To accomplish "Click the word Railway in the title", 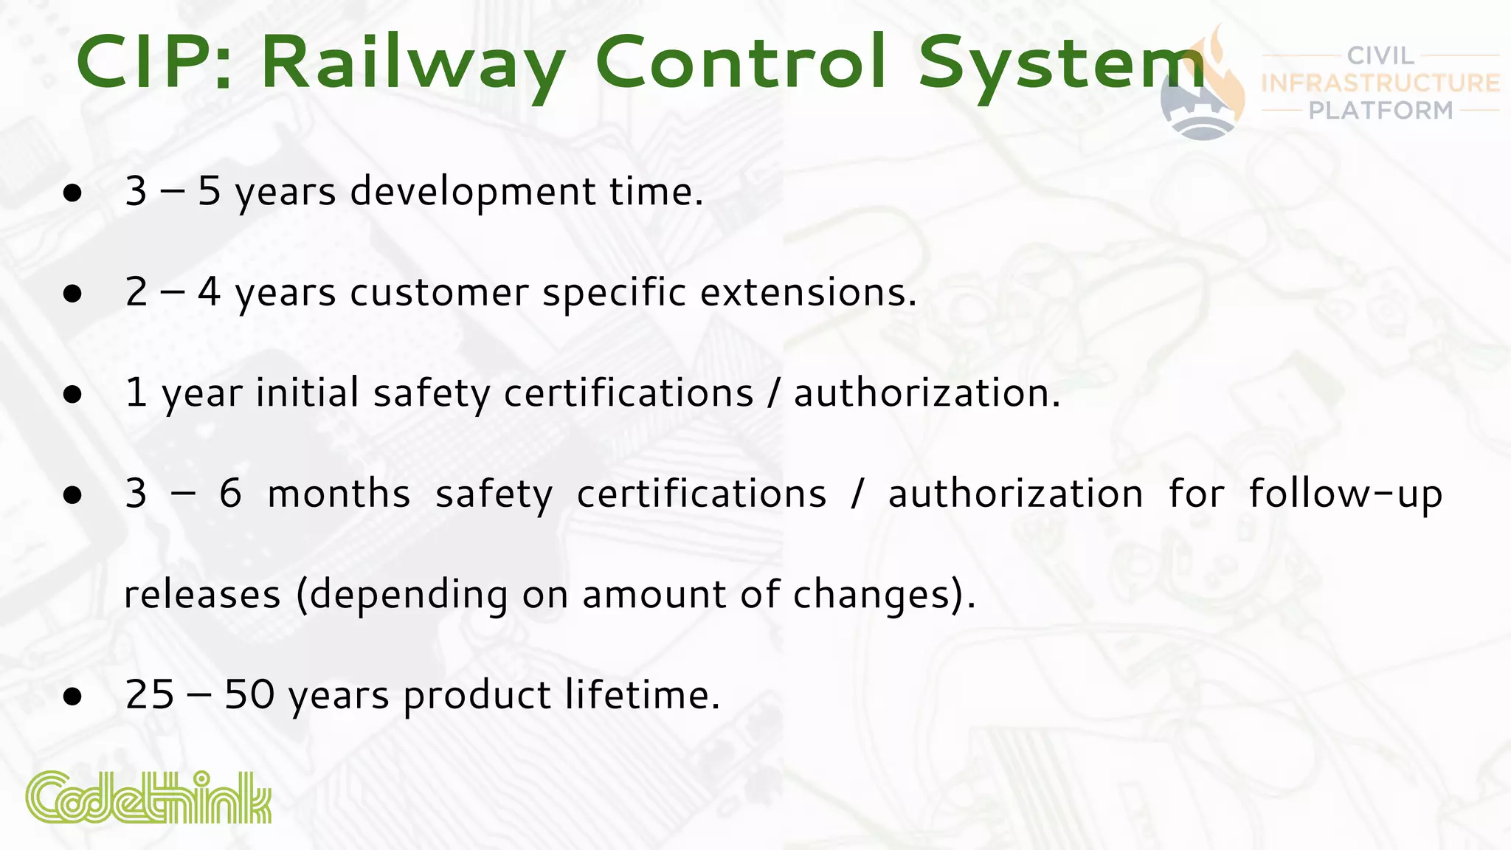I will pyautogui.click(x=413, y=63).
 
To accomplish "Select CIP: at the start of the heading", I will pyautogui.click(x=154, y=63).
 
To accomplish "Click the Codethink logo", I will pyautogui.click(x=148, y=797).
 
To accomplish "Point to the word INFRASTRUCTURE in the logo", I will pyautogui.click(x=1380, y=83).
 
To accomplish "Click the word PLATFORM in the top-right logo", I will pyautogui.click(x=1380, y=111).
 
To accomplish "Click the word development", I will pyautogui.click(x=473, y=192).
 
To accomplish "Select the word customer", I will pyautogui.click(x=439, y=292).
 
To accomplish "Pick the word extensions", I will pyautogui.click(x=808, y=292).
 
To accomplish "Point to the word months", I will pyautogui.click(x=339, y=494).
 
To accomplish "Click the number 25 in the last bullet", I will pyautogui.click(x=150, y=695).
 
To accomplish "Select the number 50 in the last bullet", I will pyautogui.click(x=249, y=695).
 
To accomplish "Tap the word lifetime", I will pyautogui.click(x=640, y=695).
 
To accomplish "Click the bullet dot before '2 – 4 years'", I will pyautogui.click(x=72, y=294).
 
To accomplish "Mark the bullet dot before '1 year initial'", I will pyautogui.click(x=72, y=395).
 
